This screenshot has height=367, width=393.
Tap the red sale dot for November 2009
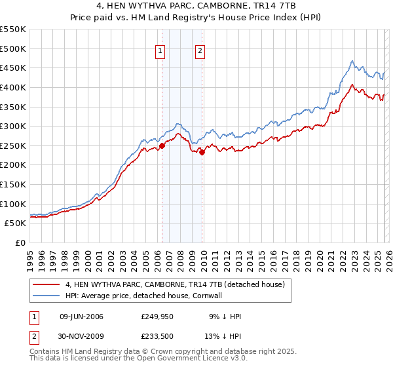(x=202, y=152)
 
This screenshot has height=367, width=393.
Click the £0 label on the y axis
(x=20, y=242)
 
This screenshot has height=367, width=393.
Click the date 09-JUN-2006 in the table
(x=81, y=317)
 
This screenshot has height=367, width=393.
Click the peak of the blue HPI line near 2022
(x=352, y=62)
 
